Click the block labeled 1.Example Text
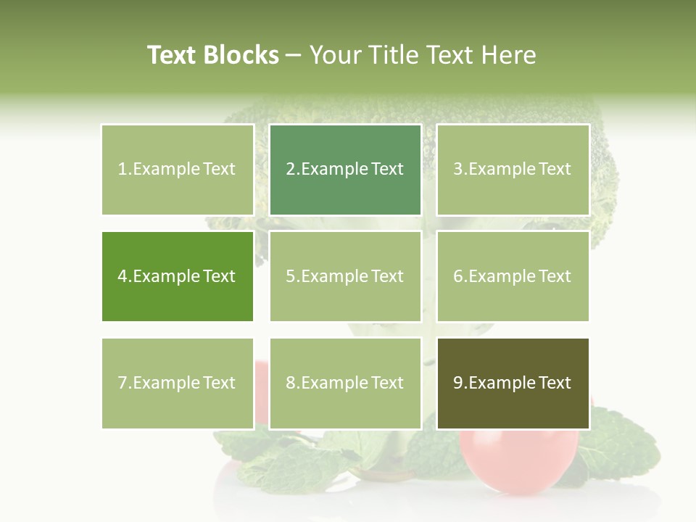[177, 170]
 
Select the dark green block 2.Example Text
[345, 170]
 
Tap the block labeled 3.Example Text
[513, 170]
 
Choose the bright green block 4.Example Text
[177, 276]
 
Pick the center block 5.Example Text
[345, 276]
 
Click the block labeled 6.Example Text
[513, 276]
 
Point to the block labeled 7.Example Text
[177, 383]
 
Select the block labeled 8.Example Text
[345, 383]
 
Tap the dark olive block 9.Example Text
[513, 383]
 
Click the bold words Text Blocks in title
[212, 55]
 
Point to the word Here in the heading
[509, 55]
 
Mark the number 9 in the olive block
[457, 383]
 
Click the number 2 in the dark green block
[290, 170]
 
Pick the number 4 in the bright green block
[122, 276]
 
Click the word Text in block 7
[219, 383]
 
